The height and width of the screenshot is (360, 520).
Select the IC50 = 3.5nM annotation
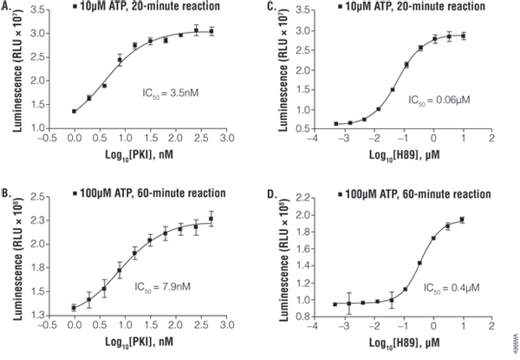point(171,90)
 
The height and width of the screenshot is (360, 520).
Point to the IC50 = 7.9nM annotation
point(171,285)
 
